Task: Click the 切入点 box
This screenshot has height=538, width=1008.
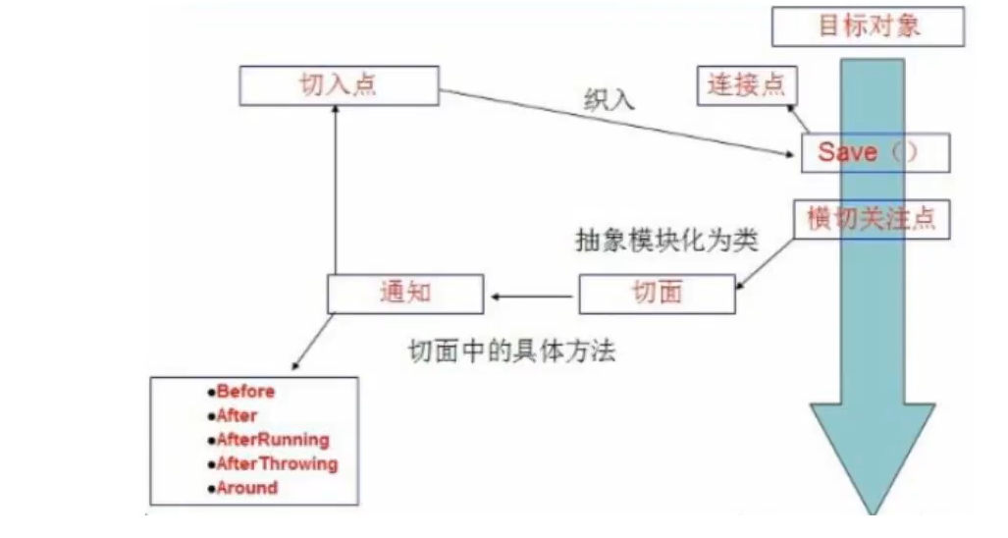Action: click(338, 84)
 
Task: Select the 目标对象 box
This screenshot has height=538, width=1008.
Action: click(868, 26)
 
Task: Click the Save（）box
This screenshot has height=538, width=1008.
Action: click(875, 152)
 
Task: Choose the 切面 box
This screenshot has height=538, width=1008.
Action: click(657, 294)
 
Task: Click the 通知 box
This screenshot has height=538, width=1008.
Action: click(404, 294)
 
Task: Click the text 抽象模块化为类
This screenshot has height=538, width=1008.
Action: click(665, 242)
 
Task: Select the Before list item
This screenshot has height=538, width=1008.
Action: click(245, 391)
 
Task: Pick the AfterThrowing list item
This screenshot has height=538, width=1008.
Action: click(277, 463)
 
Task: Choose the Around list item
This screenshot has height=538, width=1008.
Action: click(247, 488)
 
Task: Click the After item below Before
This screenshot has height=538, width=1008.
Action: click(237, 415)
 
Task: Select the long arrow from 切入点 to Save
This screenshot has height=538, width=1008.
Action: click(618, 123)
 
